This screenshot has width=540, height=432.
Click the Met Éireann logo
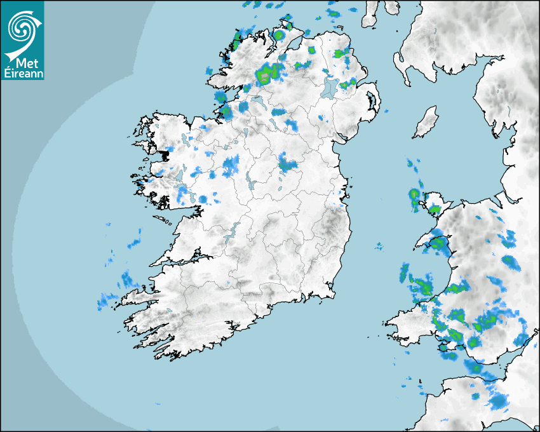coord(22,41)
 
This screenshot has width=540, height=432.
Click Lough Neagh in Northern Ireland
coord(330,87)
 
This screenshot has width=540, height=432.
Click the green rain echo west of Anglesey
coord(414,194)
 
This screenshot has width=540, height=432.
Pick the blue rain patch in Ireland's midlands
coord(287,164)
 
